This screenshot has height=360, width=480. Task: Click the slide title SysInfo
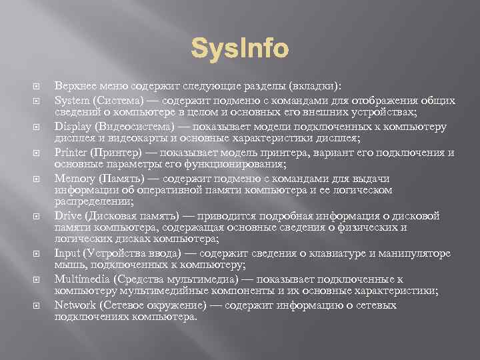click(x=240, y=49)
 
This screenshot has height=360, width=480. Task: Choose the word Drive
click(x=67, y=215)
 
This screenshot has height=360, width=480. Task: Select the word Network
click(x=75, y=305)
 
